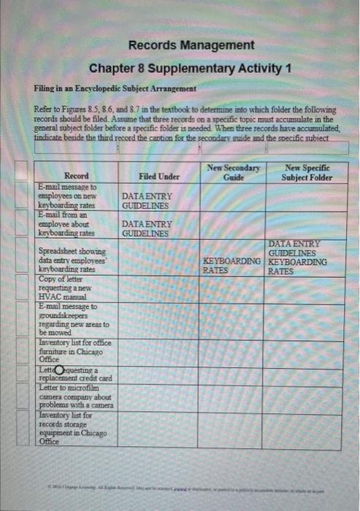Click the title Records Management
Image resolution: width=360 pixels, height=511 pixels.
(x=191, y=45)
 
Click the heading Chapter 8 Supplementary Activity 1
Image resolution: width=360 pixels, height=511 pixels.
(x=191, y=69)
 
